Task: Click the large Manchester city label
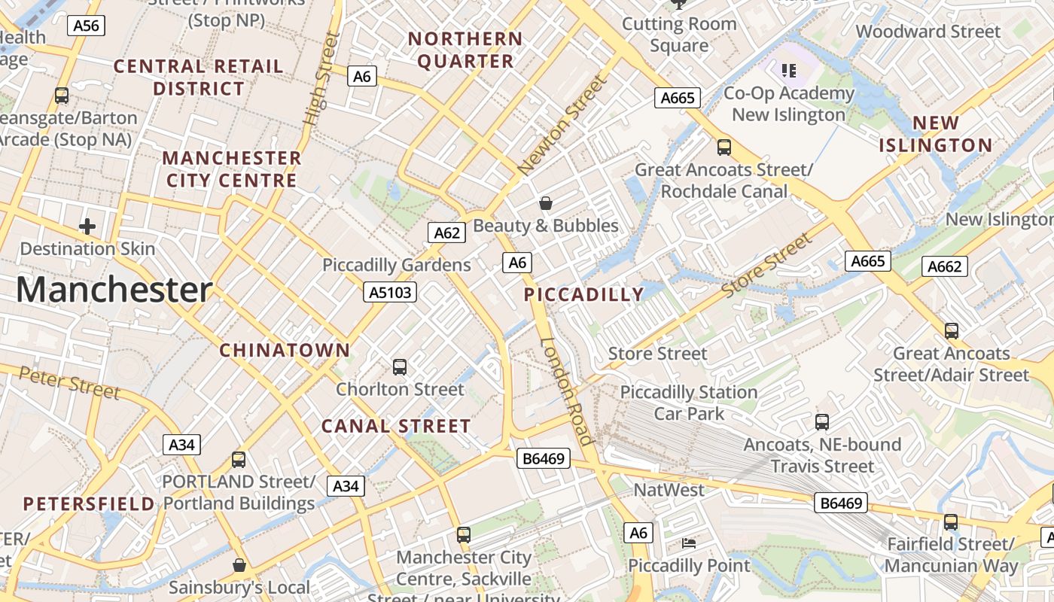click(x=114, y=290)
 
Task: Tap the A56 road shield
click(x=86, y=26)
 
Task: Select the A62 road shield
click(x=446, y=233)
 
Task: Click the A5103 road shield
click(x=390, y=292)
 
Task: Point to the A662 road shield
click(x=944, y=266)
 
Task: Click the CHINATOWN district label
click(x=285, y=350)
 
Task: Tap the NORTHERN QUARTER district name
click(x=465, y=50)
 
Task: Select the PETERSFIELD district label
click(x=89, y=503)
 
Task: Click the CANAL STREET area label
click(x=396, y=426)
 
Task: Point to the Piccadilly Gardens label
click(x=397, y=265)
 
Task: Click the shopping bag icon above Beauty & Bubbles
click(x=546, y=203)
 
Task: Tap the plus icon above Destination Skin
click(x=87, y=226)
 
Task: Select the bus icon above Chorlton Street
click(x=400, y=367)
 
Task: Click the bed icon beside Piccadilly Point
click(x=689, y=543)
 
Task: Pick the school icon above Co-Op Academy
click(x=788, y=71)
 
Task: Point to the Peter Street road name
click(x=69, y=382)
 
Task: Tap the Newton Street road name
click(x=562, y=125)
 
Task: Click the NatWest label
click(x=669, y=490)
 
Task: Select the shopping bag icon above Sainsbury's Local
click(x=239, y=564)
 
